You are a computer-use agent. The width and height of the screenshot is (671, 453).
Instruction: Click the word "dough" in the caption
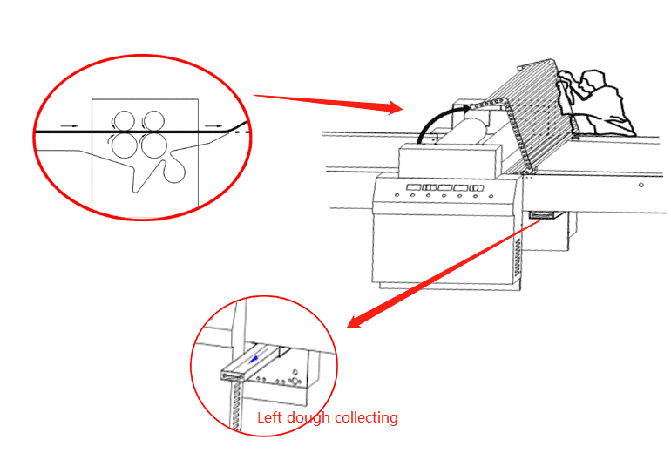pos(307,418)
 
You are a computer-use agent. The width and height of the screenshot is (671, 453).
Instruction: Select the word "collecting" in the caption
pos(364,418)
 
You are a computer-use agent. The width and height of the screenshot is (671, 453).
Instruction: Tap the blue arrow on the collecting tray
pos(253,358)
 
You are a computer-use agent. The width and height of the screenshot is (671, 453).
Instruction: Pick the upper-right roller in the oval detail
pos(154,120)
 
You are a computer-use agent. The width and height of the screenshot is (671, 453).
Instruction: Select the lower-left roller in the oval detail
pos(123,145)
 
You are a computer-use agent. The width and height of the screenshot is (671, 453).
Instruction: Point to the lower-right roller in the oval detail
pos(154,145)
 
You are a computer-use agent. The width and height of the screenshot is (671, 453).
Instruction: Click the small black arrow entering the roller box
pos(69,126)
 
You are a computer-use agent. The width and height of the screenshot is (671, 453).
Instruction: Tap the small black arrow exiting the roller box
pos(213,126)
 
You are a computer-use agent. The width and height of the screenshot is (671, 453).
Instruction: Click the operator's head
pos(594,81)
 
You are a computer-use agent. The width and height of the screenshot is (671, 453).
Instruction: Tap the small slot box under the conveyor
pos(542,214)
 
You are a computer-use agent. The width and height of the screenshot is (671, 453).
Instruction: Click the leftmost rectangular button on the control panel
pos(414,186)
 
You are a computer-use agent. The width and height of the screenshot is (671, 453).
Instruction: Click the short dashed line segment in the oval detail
pos(247,131)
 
